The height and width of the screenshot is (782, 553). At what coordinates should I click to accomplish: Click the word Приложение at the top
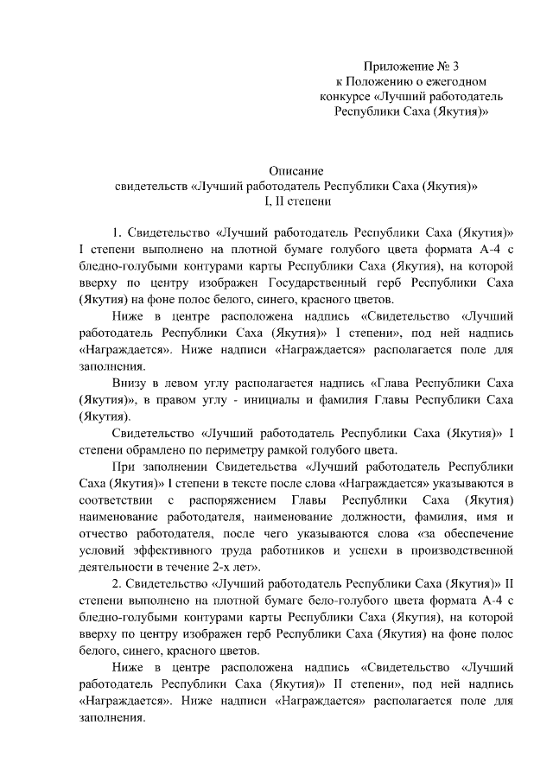[x=397, y=65]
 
